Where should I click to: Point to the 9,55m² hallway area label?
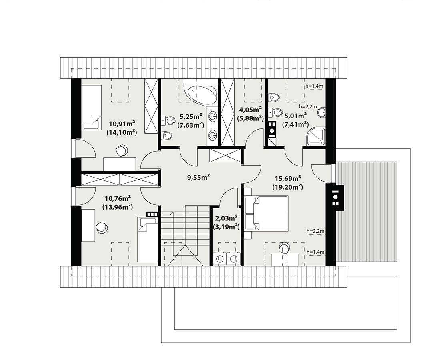[x=198, y=177]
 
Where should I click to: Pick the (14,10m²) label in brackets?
[x=122, y=132]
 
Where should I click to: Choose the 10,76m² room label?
[x=118, y=199]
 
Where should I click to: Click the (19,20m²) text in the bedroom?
[x=288, y=187]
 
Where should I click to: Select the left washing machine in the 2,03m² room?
[x=220, y=259]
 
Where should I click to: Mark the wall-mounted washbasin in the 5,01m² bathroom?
[x=321, y=112]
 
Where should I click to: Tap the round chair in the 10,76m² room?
[x=102, y=228]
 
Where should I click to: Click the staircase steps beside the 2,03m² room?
[x=185, y=236]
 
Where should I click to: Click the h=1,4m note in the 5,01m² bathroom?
[x=314, y=86]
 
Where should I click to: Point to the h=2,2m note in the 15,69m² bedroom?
[x=315, y=231]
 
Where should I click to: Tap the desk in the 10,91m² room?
[x=120, y=164]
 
